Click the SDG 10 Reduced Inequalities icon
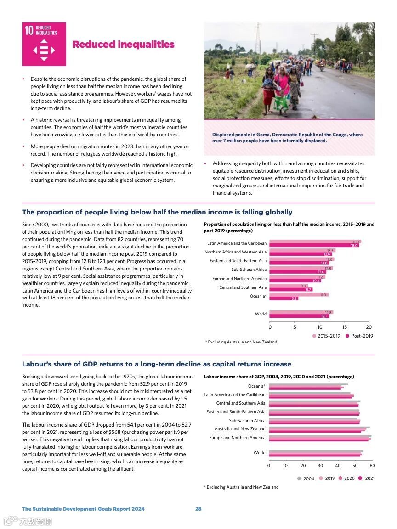44,44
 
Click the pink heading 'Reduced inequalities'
123,45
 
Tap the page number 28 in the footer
198,509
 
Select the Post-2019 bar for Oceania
284,298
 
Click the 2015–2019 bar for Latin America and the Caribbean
315,242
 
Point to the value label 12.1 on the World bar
324,316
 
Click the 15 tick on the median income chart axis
344,327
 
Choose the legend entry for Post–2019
359,336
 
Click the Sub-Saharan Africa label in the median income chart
249,270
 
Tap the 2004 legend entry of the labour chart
306,478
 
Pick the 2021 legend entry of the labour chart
366,478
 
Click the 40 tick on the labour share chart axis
338,465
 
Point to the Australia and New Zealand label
240,429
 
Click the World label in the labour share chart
259,452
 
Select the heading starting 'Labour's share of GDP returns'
157,364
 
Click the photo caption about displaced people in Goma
287,138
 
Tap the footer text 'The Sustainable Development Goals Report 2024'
83,509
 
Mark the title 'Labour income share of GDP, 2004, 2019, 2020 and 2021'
279,377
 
